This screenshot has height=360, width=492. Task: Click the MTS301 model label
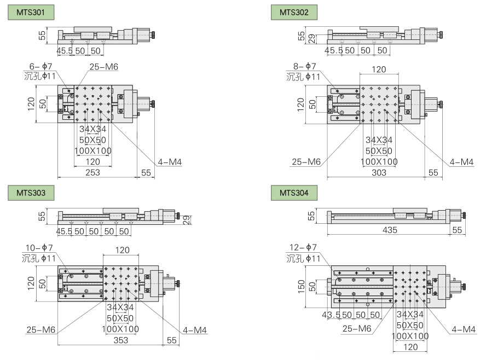[31, 12]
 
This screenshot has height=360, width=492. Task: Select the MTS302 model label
[294, 12]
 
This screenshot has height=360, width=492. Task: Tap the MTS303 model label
[31, 193]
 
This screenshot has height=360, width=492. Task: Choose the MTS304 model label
[294, 193]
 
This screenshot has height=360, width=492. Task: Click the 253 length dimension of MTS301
[93, 172]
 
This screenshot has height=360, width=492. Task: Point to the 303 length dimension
[379, 172]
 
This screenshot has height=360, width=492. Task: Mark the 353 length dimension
[120, 340]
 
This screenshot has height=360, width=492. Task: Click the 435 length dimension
[390, 231]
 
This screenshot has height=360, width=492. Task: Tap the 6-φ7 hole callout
[40, 67]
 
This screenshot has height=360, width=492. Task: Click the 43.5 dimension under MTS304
[331, 315]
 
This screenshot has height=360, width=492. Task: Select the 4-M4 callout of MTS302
[461, 162]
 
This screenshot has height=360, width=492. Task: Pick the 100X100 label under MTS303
[120, 329]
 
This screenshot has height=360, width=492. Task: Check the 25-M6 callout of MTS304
[357, 328]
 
